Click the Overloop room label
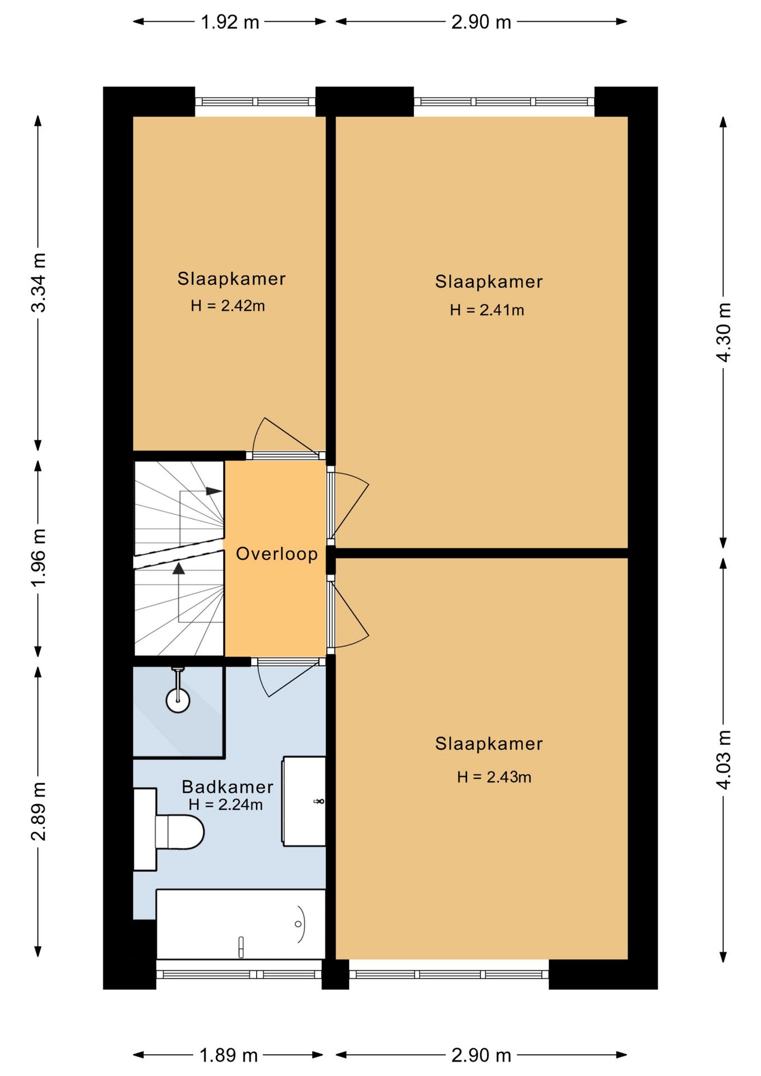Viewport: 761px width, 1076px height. click(x=277, y=554)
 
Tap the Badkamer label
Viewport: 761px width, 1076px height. click(x=228, y=787)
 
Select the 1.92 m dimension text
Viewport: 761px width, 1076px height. click(x=230, y=22)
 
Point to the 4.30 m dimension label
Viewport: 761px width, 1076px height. click(x=724, y=332)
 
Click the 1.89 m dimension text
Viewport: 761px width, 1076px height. click(x=229, y=1055)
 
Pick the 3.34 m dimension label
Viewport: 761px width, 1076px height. click(x=39, y=282)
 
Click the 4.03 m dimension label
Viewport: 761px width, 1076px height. click(x=724, y=760)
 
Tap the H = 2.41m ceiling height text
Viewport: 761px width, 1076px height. click(x=487, y=310)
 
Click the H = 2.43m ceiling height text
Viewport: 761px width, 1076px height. click(x=494, y=777)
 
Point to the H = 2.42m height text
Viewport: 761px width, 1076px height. click(x=228, y=305)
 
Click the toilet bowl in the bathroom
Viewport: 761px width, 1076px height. click(x=179, y=832)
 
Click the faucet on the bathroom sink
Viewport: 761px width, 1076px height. click(x=320, y=801)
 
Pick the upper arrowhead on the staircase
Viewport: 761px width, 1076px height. click(x=214, y=491)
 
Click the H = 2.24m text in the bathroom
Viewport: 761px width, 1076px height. click(x=225, y=805)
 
